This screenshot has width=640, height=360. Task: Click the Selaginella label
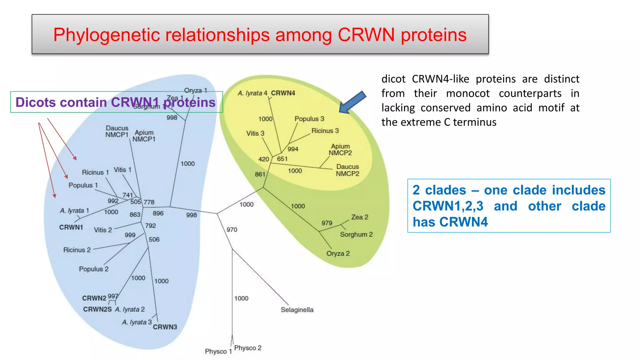click(x=297, y=310)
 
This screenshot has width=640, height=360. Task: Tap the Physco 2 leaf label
click(x=247, y=348)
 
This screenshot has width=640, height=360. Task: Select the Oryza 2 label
click(x=338, y=253)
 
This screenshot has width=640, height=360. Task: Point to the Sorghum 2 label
click(x=356, y=234)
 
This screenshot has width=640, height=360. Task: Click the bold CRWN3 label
click(x=165, y=327)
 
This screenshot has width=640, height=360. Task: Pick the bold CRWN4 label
click(x=283, y=93)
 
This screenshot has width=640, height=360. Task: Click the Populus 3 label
click(x=309, y=119)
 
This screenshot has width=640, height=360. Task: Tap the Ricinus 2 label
click(x=77, y=250)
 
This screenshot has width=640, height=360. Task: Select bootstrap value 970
click(x=232, y=230)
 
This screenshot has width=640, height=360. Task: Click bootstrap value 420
click(x=263, y=159)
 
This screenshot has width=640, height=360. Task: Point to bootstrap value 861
click(x=260, y=174)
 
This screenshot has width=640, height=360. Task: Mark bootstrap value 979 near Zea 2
click(x=327, y=223)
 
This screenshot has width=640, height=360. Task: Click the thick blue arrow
click(x=352, y=103)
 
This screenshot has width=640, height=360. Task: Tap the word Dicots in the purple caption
click(x=35, y=102)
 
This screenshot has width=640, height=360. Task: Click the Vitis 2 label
click(x=103, y=230)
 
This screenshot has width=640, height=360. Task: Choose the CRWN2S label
click(x=97, y=309)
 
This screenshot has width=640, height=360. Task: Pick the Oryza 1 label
click(x=196, y=90)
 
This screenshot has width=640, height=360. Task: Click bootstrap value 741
click(x=127, y=195)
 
